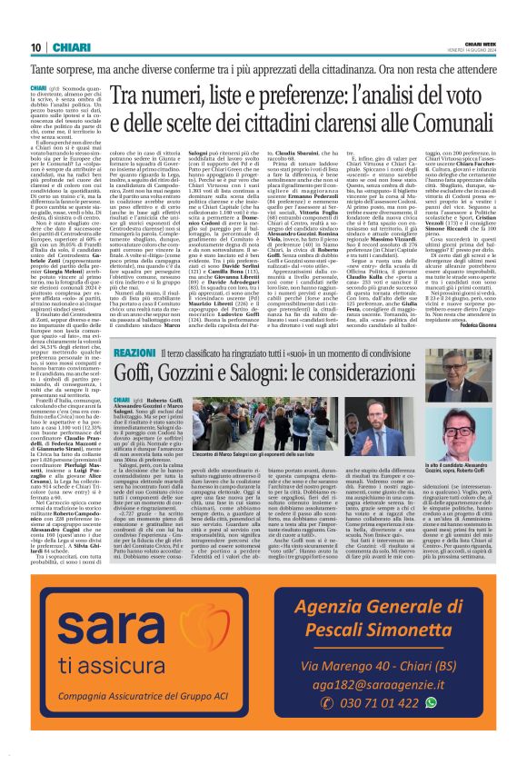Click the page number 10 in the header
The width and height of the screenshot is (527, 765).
pos(36,47)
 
